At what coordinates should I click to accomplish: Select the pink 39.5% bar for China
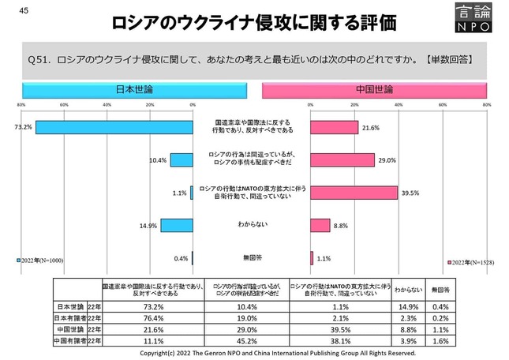[x=353, y=193]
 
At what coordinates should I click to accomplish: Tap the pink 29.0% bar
[x=342, y=159]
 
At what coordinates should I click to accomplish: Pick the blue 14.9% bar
[x=177, y=225]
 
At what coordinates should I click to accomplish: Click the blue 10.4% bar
[x=182, y=160]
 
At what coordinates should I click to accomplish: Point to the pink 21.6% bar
[x=334, y=127]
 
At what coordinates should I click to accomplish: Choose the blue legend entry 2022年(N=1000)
[x=40, y=260]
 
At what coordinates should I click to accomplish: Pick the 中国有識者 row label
[x=66, y=340]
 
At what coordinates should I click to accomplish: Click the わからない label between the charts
[x=251, y=225]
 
